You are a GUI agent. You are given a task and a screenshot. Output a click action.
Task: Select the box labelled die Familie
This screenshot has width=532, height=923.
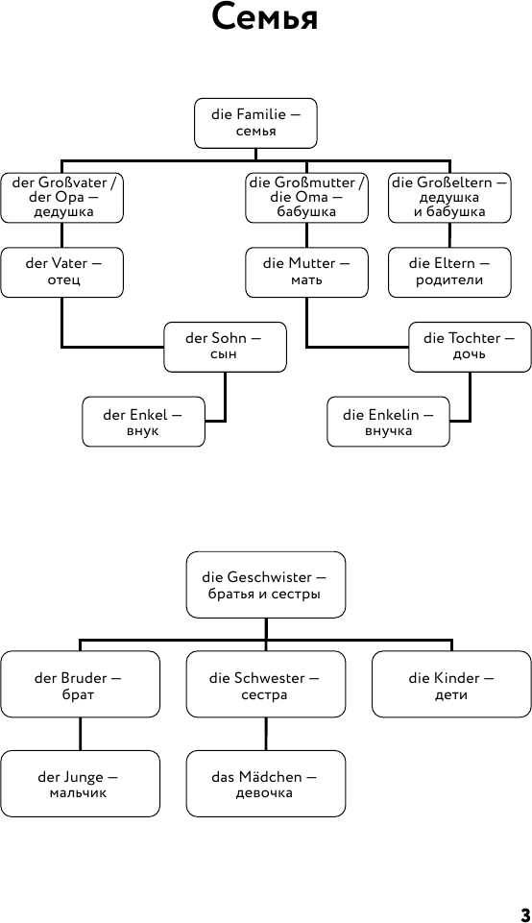(x=255, y=123)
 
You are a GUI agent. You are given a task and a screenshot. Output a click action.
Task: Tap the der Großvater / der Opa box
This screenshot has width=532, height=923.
(x=61, y=198)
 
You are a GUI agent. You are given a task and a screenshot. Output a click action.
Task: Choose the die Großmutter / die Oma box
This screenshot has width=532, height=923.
(x=306, y=198)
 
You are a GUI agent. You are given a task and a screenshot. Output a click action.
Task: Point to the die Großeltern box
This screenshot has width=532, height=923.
(x=449, y=198)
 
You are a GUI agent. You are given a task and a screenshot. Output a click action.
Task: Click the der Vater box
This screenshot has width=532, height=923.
(x=61, y=273)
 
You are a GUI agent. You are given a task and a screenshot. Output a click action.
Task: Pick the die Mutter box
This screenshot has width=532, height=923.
(x=306, y=273)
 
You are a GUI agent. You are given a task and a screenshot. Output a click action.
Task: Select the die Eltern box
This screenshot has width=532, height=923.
(x=449, y=273)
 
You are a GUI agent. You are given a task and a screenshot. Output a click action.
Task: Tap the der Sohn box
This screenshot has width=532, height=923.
(x=225, y=347)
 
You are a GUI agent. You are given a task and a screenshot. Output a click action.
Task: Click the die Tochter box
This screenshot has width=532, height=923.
(x=470, y=347)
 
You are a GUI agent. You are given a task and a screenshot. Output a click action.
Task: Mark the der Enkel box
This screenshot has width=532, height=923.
(x=144, y=422)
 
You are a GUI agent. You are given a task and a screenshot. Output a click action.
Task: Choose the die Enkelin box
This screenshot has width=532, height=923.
(x=388, y=422)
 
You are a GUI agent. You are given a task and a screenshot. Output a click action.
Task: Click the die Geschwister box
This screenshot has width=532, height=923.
(x=265, y=585)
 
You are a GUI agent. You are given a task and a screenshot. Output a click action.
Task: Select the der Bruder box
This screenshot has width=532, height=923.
(x=80, y=684)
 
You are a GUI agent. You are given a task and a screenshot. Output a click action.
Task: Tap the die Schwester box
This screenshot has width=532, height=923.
(x=265, y=684)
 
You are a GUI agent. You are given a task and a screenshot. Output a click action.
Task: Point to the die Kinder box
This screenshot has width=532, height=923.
(x=451, y=684)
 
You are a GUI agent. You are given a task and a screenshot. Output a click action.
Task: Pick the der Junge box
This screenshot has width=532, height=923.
(x=80, y=784)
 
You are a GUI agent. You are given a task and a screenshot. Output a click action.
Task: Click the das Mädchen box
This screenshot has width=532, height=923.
(x=265, y=784)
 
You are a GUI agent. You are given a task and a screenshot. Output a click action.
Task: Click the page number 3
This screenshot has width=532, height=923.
(x=525, y=914)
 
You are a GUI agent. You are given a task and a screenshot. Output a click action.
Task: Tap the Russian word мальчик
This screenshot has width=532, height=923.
(x=79, y=793)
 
